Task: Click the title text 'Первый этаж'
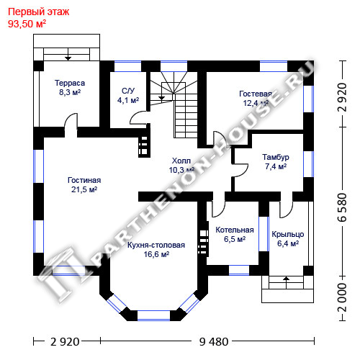point(39,12)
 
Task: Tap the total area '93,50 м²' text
point(27,24)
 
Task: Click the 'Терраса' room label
point(70,83)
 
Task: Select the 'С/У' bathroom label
point(128,91)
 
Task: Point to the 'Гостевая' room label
point(256,94)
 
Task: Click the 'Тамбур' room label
point(276,157)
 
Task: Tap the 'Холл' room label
point(181,161)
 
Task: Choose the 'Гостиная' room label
point(84,180)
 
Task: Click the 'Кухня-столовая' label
point(156,245)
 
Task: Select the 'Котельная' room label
point(235,230)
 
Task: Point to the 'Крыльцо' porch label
point(288,234)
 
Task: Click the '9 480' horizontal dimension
point(214,341)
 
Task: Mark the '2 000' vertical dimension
point(343,297)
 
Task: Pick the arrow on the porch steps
point(287,282)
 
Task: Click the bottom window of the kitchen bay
point(153,315)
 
